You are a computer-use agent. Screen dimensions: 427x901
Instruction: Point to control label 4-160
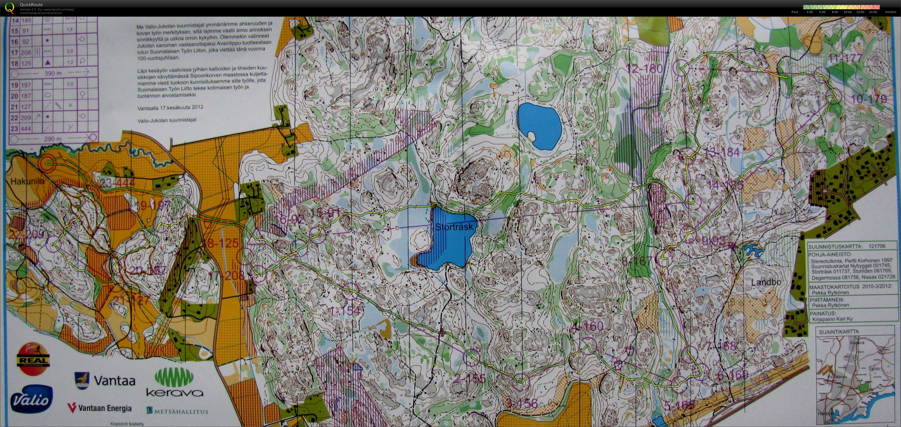coord(586,327)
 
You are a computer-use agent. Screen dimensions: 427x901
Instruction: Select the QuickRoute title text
coord(31,5)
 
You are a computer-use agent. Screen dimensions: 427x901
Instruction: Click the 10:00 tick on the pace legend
coord(848,12)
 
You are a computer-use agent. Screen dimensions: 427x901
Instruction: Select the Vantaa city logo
coord(105,380)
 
